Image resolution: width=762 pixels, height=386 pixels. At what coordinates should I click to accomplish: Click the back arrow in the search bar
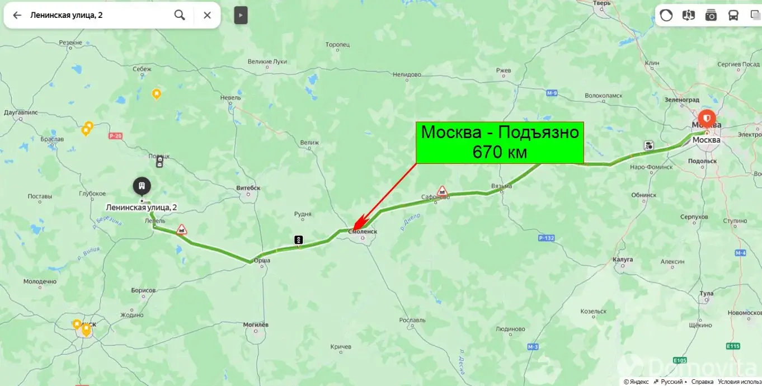coord(17,15)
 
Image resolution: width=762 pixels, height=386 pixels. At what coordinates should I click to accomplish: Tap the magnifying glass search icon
coord(180,15)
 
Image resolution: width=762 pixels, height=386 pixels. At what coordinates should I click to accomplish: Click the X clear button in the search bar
coord(207,15)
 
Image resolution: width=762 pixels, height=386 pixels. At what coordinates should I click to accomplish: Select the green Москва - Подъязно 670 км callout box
coord(499,142)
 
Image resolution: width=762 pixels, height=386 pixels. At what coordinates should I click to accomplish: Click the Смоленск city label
coord(363,231)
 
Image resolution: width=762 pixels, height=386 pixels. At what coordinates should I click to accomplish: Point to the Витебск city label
coord(248,188)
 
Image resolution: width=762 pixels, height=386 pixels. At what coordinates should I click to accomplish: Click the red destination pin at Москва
coord(707,119)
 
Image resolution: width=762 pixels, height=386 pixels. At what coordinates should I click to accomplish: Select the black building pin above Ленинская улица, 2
coord(142,186)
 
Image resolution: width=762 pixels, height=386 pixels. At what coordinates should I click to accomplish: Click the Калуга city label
coord(623,260)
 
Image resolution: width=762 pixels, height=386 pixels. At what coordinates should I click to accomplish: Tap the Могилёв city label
coord(256,324)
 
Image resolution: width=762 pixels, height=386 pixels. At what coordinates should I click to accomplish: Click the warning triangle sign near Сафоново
coord(442,191)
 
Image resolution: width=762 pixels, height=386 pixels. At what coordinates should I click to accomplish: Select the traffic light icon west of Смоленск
coord(299,240)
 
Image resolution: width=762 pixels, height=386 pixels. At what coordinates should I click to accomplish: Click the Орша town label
coord(262,268)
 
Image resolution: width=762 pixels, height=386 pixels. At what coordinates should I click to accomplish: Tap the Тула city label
coord(707,293)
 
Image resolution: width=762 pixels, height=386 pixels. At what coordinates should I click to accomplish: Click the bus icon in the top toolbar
coord(733,15)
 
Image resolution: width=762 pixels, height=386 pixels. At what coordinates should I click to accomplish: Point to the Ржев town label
coord(504,70)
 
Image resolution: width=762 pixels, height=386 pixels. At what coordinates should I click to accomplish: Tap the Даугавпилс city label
coord(20,112)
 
